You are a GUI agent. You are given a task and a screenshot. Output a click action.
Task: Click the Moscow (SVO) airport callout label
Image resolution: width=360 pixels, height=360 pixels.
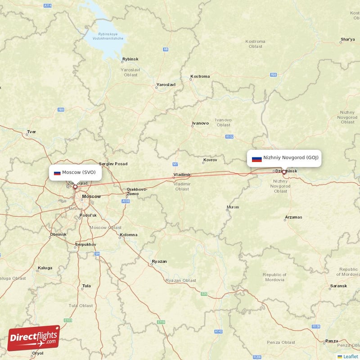[x=75, y=172]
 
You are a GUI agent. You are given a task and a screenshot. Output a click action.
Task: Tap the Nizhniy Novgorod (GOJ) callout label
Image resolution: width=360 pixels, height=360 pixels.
[x=284, y=158]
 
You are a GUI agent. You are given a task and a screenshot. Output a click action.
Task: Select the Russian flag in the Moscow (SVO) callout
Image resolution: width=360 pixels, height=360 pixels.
[x=57, y=173]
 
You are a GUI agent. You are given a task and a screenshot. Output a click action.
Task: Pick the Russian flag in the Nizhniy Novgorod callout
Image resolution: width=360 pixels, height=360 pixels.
[x=256, y=158]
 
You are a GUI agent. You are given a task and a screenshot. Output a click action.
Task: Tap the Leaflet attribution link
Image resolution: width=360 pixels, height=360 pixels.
[x=351, y=356]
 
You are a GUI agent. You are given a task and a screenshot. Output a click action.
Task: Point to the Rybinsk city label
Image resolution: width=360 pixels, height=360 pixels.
[x=130, y=59]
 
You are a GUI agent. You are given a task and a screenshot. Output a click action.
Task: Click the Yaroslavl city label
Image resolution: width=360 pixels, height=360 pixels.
[x=166, y=85]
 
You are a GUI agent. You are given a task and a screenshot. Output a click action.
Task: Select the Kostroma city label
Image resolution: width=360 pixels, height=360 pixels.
[x=200, y=76]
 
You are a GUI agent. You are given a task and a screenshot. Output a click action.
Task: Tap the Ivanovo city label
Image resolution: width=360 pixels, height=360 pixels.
[x=200, y=123]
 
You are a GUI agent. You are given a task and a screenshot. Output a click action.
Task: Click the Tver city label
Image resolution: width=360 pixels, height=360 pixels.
[x=31, y=132]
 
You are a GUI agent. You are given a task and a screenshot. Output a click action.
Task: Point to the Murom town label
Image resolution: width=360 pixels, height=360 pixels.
[x=233, y=207]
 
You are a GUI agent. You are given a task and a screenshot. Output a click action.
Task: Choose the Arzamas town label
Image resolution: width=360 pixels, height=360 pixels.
[x=293, y=217]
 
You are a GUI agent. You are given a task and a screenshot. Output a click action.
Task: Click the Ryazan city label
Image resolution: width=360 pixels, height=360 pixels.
[x=159, y=261]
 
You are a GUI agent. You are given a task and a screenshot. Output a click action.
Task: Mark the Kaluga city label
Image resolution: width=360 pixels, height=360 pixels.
[x=45, y=268]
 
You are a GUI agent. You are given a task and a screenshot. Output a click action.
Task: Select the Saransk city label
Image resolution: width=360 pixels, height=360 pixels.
[x=338, y=286]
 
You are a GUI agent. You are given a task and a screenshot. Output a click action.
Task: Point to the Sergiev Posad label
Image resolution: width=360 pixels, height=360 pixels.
[x=113, y=164]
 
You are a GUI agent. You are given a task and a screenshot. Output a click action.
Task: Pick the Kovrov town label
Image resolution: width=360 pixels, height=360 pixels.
[x=210, y=160]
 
